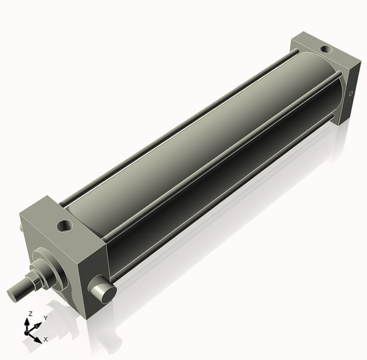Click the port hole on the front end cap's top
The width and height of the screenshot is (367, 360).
(x=64, y=227)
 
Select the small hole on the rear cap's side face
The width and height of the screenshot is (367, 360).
(x=351, y=94)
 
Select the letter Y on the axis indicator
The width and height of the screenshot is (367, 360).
(x=46, y=318)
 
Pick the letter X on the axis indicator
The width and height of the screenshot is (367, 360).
(x=46, y=338)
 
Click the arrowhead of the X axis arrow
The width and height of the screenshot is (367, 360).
(x=38, y=338)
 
